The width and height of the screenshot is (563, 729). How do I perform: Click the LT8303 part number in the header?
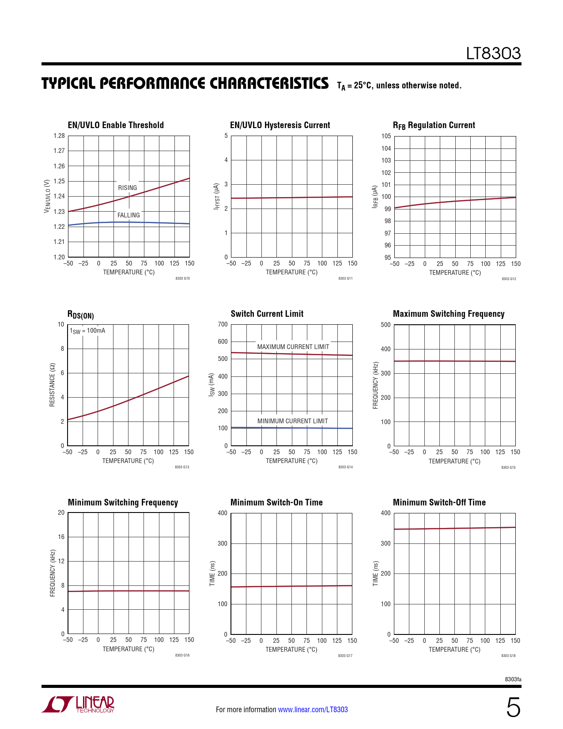[x=493, y=53]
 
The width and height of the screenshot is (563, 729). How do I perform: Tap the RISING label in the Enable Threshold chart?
[x=128, y=188]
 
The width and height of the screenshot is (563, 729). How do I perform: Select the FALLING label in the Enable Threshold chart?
[x=128, y=215]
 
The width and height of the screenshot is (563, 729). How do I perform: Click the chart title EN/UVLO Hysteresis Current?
[x=280, y=125]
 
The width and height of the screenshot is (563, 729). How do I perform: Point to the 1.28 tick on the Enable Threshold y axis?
[x=59, y=136]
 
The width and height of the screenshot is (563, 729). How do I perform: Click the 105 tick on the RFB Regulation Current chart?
[x=386, y=136]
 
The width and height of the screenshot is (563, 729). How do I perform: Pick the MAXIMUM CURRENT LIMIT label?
[x=293, y=347]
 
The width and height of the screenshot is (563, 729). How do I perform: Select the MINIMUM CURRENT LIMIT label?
[x=293, y=421]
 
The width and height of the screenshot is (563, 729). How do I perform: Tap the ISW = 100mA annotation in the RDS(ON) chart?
[x=87, y=331]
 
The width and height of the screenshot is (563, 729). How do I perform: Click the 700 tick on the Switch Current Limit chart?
[x=223, y=324]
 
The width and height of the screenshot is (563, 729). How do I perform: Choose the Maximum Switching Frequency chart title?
[x=449, y=314]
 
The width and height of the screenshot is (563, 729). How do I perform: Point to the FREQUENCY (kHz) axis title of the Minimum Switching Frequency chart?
[x=53, y=573]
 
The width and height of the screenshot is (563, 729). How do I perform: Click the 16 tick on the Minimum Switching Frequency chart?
[x=61, y=537]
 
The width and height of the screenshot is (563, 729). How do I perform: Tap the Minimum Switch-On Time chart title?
[x=276, y=502]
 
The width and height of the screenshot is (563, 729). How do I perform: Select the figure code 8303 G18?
[x=508, y=656]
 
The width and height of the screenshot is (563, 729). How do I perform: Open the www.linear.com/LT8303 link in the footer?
[x=313, y=710]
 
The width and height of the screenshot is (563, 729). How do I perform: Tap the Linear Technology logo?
[x=78, y=704]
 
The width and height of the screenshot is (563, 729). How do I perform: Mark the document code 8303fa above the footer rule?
[x=513, y=679]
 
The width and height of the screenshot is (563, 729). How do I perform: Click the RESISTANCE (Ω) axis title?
[x=52, y=385]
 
